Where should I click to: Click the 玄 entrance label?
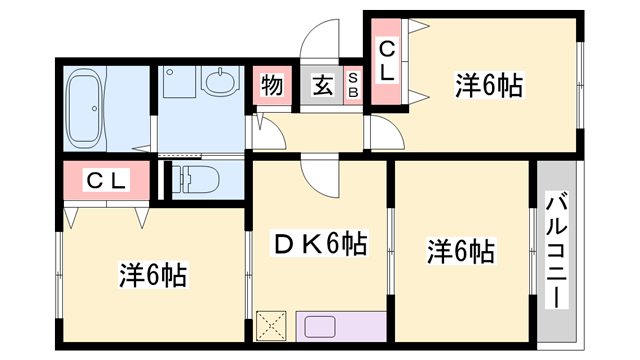pos(322,85)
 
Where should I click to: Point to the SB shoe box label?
pos(353,86)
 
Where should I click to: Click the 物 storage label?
pos(271,85)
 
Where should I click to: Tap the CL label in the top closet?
pos(387,61)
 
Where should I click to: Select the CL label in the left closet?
pos(105,181)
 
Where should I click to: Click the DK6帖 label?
pos(320,243)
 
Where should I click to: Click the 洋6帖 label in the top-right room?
pos(490,87)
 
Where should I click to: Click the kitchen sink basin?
pos(324,326)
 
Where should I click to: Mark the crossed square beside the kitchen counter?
pos(272,326)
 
